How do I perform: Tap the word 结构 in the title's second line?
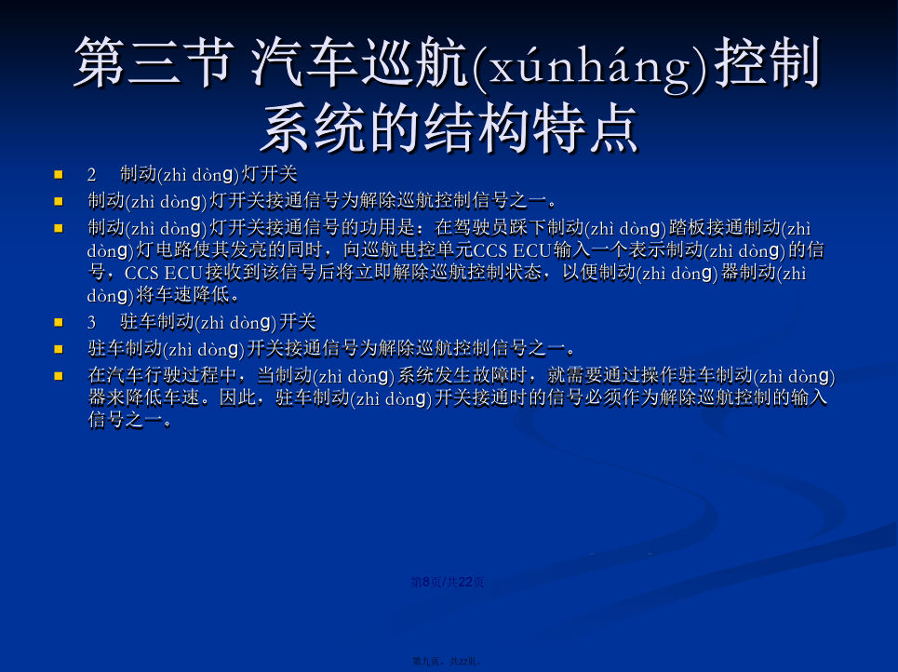tap(477, 128)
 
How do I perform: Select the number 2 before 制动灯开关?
tap(91, 175)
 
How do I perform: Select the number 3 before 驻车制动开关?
tap(91, 323)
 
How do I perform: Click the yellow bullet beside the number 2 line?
tap(59, 174)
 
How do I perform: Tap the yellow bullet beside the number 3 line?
tap(59, 322)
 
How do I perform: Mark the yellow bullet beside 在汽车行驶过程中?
tap(59, 376)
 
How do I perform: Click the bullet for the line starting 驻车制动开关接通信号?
tap(59, 349)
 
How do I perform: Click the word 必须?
tap(584, 397)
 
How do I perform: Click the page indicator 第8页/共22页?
tap(448, 582)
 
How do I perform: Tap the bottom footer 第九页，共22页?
tap(447, 661)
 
